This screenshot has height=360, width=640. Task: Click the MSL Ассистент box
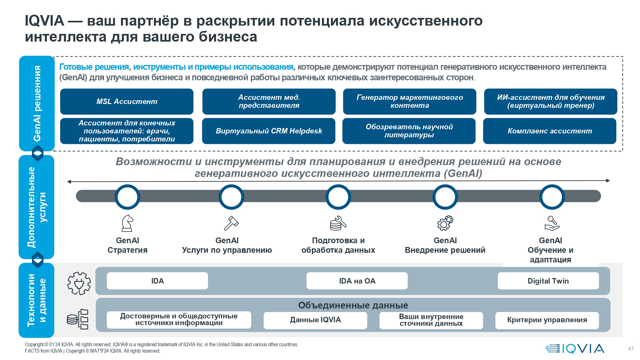click(x=127, y=101)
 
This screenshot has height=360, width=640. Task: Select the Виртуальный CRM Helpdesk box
click(x=268, y=131)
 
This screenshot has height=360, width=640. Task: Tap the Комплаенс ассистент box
click(x=549, y=131)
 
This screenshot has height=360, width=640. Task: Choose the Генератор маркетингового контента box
click(x=410, y=101)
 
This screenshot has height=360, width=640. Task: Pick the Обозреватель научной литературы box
click(x=409, y=131)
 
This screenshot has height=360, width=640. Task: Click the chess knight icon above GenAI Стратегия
click(x=127, y=223)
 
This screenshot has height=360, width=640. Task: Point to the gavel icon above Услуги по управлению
click(x=231, y=223)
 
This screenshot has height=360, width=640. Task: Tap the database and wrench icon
click(x=338, y=223)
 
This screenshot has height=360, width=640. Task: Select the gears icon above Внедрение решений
click(x=445, y=223)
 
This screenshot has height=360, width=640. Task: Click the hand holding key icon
click(x=552, y=223)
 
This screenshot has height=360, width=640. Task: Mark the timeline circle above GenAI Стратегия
click(x=127, y=197)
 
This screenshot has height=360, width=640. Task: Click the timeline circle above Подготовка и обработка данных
click(x=338, y=197)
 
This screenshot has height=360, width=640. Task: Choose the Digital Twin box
click(x=548, y=281)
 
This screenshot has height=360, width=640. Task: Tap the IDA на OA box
click(x=357, y=281)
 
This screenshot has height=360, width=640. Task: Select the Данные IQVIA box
click(x=315, y=320)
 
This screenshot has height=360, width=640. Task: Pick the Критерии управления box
click(x=547, y=320)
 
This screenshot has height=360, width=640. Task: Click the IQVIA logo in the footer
click(x=575, y=348)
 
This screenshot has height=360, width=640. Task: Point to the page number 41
click(x=631, y=349)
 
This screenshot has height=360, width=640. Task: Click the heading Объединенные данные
click(x=353, y=305)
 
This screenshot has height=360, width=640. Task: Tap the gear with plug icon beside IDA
click(x=79, y=283)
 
